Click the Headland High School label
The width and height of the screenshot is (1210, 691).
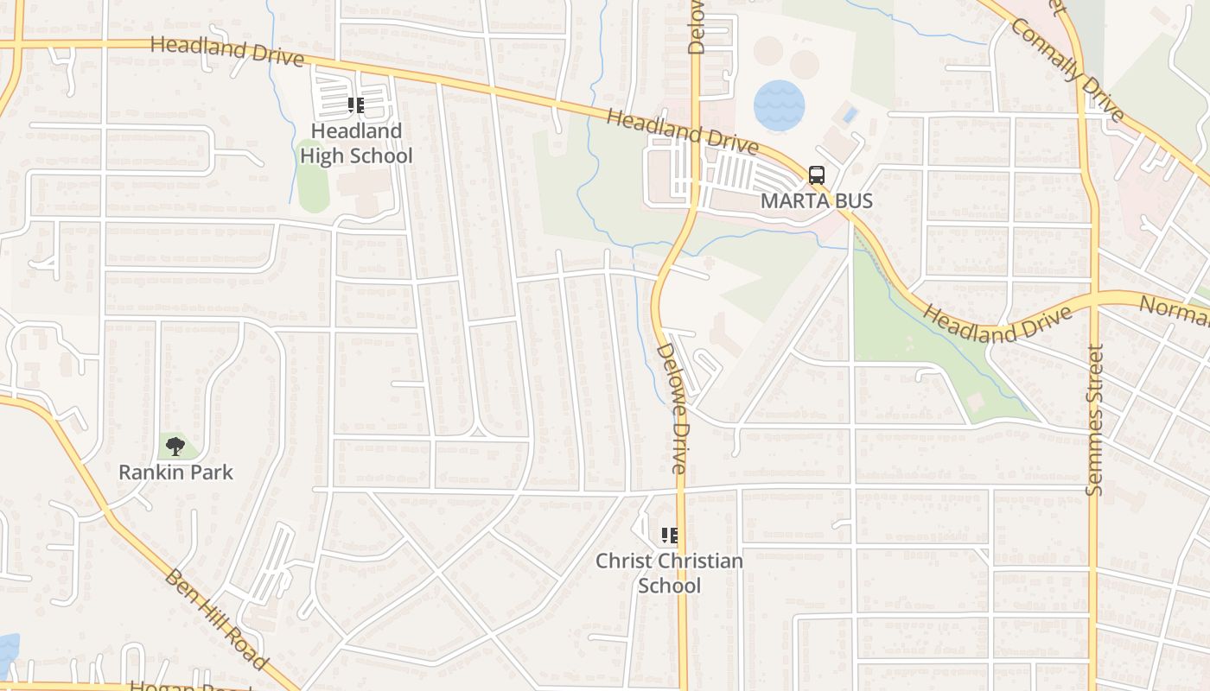coord(356,143)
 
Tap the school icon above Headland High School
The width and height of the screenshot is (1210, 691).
coord(356,106)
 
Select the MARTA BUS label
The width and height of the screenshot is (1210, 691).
coord(817,200)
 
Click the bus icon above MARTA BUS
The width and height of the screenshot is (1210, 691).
coord(817,175)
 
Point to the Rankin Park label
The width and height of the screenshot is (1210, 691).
coord(175,472)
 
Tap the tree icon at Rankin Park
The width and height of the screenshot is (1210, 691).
coord(175,447)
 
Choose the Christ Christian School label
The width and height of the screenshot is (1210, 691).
coord(669,573)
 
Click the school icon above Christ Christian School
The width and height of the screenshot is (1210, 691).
coord(669,536)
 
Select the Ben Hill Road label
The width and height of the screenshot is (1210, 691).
coord(215,618)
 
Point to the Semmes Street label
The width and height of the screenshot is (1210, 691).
coord(1095,420)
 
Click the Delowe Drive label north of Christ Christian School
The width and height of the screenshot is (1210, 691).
coord(672,409)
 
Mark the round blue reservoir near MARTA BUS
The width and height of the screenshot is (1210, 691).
coord(779,105)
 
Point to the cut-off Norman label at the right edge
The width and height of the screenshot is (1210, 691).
coord(1175,311)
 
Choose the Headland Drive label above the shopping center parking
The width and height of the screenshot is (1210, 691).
coord(682,130)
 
